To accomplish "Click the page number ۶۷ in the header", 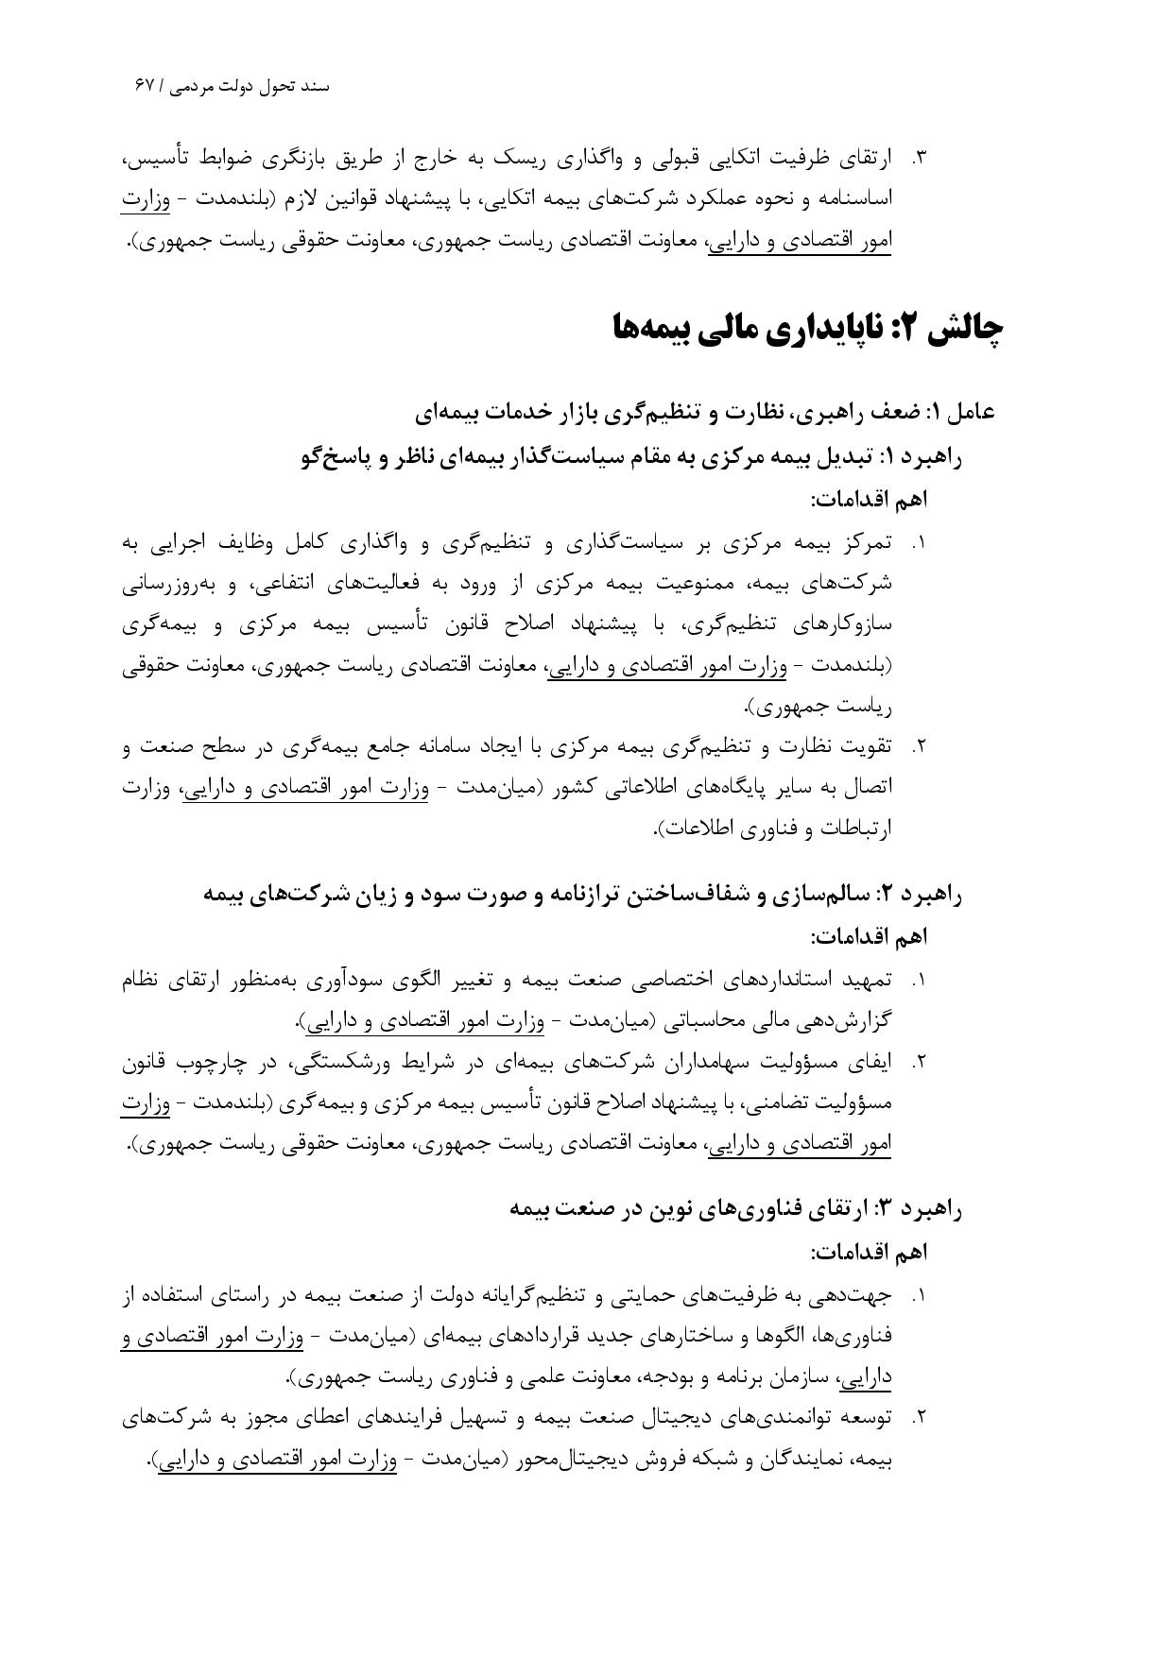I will click(x=144, y=86).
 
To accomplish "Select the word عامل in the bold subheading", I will click(x=973, y=412).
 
